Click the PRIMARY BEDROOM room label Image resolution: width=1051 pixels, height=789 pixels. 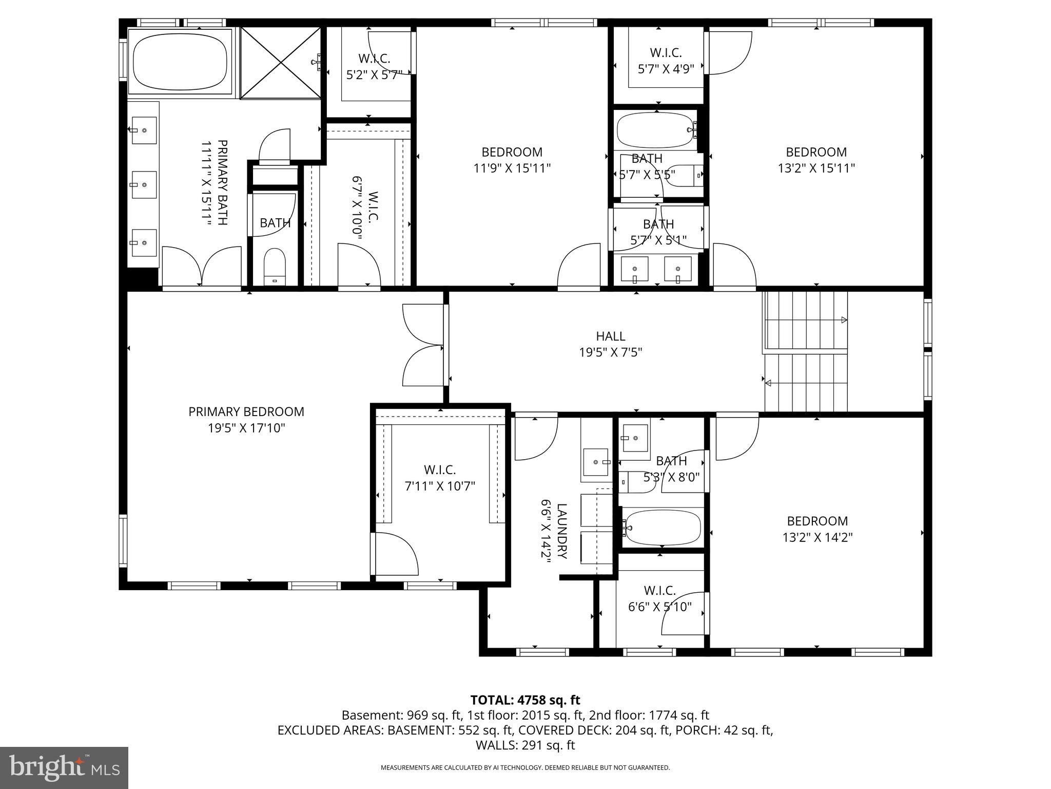[x=246, y=411]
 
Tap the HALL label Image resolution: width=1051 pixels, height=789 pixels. [x=610, y=336]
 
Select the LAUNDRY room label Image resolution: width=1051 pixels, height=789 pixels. [x=561, y=531]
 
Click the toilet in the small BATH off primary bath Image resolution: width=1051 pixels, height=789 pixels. [x=274, y=266]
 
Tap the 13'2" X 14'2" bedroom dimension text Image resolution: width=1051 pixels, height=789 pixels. [x=816, y=537]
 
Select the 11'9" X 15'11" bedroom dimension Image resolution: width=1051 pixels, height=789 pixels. [x=512, y=168]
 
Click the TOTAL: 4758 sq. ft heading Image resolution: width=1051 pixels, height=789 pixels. [x=525, y=700]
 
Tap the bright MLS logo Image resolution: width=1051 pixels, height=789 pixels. [x=64, y=767]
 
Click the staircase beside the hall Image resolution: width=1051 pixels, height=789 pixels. [x=805, y=352]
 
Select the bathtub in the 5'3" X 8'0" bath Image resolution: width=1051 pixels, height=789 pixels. [x=663, y=528]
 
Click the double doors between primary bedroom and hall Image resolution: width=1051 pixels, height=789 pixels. [x=423, y=345]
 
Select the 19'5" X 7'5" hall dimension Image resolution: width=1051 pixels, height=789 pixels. [x=610, y=352]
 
